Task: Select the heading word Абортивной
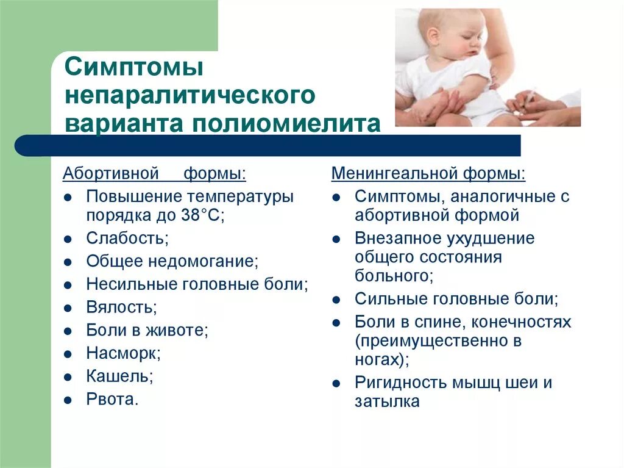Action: coord(110,174)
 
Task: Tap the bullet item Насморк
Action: coord(124,353)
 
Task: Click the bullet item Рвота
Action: coord(113,399)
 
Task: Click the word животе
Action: coord(176,330)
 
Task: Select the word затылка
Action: coord(388,401)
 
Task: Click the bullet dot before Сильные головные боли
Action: coord(336,300)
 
